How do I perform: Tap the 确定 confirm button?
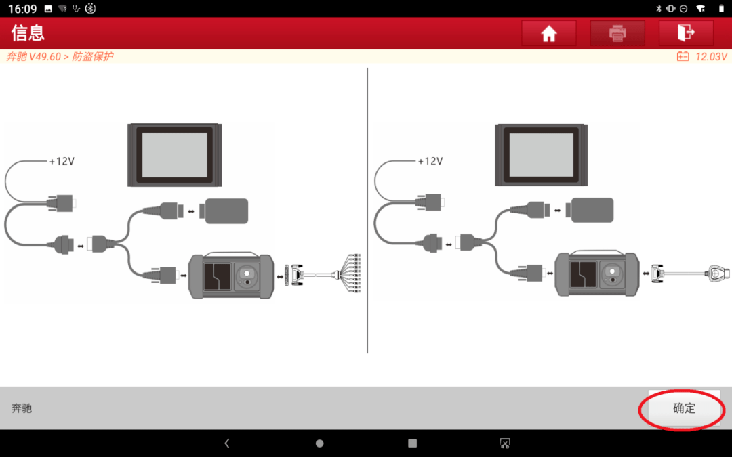coord(684,408)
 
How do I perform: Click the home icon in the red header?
coord(549,33)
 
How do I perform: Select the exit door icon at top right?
coord(686,32)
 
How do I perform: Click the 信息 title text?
coord(28,33)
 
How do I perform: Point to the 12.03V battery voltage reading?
coord(711,56)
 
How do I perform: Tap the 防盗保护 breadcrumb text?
coord(92,56)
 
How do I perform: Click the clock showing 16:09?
coord(22,8)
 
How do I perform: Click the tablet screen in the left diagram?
coord(175,155)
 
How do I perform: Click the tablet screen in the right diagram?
coord(541,155)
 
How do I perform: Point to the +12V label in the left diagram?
coord(62,161)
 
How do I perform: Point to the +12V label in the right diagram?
coord(430,161)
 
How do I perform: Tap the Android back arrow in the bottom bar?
coord(227,443)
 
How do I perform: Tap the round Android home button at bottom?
coord(320,443)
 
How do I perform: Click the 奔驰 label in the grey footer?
coord(22,408)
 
